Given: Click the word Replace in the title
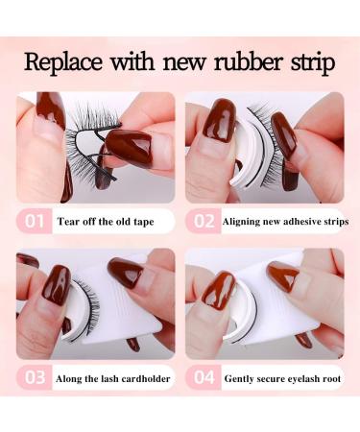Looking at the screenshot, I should pyautogui.click(x=65, y=64).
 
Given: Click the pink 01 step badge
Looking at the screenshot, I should pyautogui.click(x=35, y=222).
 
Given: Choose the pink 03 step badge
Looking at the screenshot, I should pyautogui.click(x=35, y=378).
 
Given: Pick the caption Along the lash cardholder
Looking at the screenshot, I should pyautogui.click(x=108, y=378).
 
